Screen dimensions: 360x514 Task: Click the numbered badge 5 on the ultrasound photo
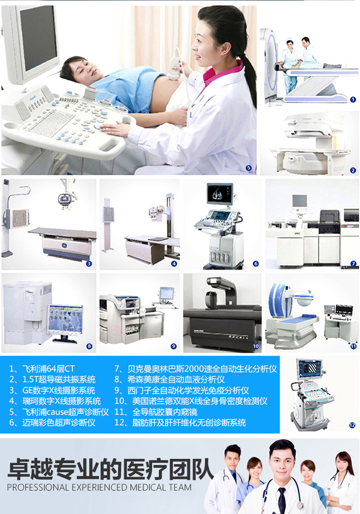(x=249, y=168)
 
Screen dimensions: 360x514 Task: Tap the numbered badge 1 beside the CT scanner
(x=353, y=100)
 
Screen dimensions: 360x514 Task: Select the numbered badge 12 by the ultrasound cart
(x=352, y=425)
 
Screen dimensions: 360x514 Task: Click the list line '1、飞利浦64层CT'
(x=42, y=369)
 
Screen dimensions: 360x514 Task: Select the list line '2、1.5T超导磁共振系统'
(x=52, y=379)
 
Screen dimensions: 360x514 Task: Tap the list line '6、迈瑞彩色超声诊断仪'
(x=52, y=422)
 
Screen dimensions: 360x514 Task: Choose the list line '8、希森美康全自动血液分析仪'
(x=170, y=379)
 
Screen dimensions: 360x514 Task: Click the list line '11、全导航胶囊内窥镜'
(x=156, y=411)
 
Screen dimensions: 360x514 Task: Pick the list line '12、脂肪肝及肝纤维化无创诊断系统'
(x=180, y=422)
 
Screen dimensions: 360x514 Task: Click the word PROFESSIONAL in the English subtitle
(x=38, y=487)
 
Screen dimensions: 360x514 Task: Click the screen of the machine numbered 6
(x=220, y=193)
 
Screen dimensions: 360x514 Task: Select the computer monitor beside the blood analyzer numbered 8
(x=65, y=321)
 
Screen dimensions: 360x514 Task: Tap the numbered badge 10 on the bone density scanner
(x=255, y=346)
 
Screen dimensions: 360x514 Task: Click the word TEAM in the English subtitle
(x=180, y=487)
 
